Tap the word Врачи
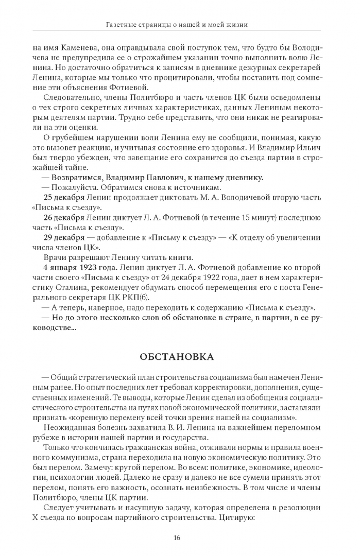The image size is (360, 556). coord(54,257)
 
